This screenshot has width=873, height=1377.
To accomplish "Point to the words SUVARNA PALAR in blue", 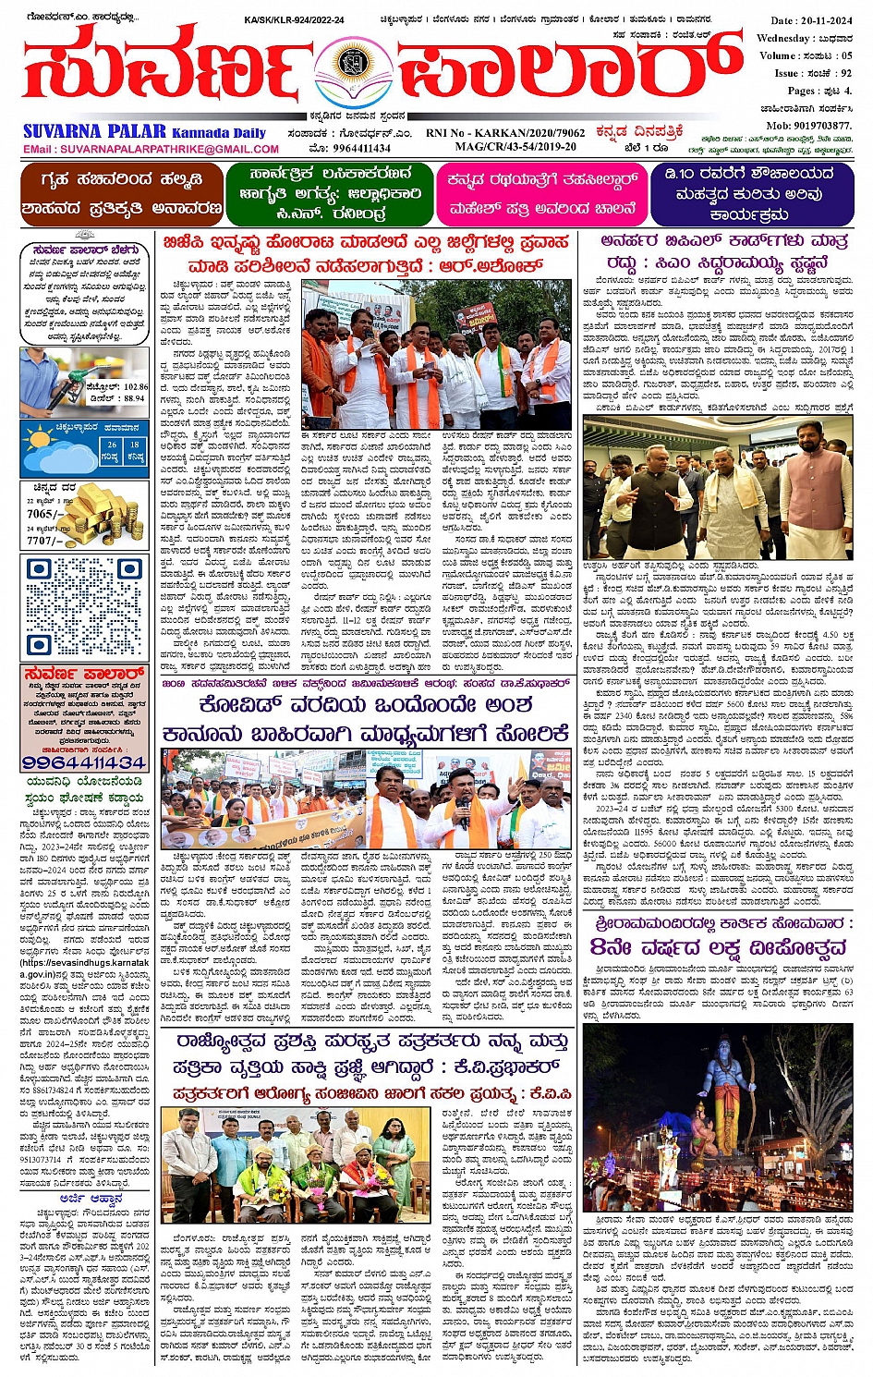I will pyautogui.click(x=94, y=132).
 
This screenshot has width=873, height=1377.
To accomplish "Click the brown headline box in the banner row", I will pyautogui.click(x=121, y=193).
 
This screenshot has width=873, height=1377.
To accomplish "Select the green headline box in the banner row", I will pyautogui.click(x=329, y=193).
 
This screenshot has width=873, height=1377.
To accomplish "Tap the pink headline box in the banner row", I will pyautogui.click(x=541, y=193).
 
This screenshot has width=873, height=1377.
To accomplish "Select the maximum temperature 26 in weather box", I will pyautogui.click(x=111, y=445).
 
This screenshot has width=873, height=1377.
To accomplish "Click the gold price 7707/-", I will pyautogui.click(x=42, y=541).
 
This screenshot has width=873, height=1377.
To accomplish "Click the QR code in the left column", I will pyautogui.click(x=85, y=606).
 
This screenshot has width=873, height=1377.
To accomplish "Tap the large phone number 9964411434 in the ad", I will pyautogui.click(x=84, y=763).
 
